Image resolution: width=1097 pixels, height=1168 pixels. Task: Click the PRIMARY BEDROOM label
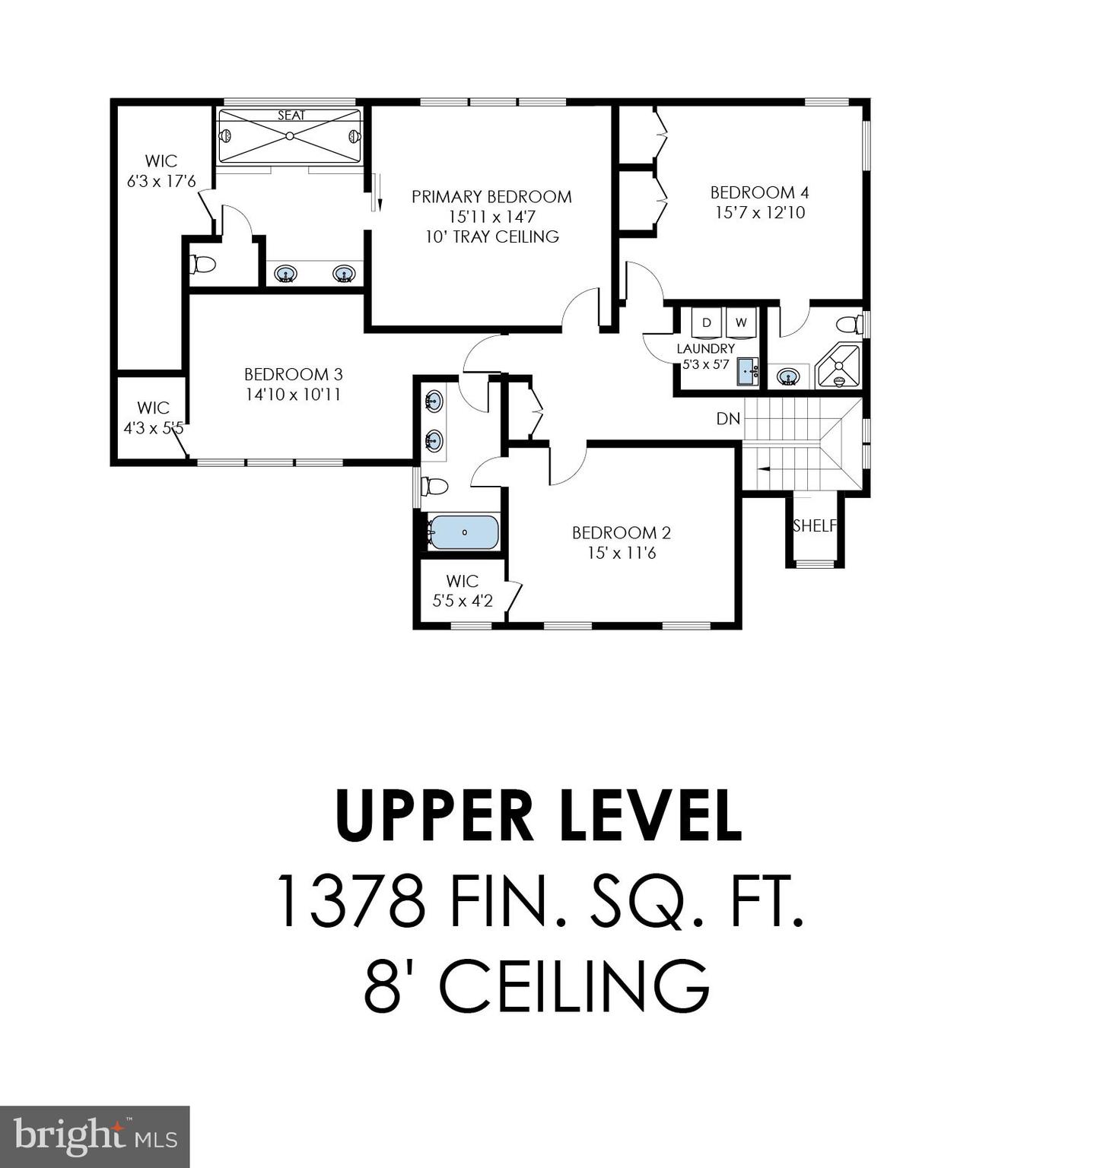(x=491, y=197)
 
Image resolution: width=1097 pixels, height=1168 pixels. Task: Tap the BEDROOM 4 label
(x=759, y=192)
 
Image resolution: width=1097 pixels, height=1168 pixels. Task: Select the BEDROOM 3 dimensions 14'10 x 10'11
(x=293, y=395)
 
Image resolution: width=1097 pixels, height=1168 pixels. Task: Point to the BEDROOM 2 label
(x=621, y=533)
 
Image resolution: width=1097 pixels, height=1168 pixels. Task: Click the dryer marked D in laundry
(x=707, y=322)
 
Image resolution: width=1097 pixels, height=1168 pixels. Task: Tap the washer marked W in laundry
(x=741, y=322)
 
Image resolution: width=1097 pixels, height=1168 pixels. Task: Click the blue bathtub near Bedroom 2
(x=463, y=532)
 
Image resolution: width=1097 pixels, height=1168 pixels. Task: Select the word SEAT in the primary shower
(x=291, y=116)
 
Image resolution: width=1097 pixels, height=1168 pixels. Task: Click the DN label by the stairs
(x=728, y=418)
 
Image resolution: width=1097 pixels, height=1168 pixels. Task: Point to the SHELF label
(x=814, y=525)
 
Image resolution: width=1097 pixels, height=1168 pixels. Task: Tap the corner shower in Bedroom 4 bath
(x=840, y=366)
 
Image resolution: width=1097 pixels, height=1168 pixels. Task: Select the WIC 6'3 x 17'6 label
(x=161, y=171)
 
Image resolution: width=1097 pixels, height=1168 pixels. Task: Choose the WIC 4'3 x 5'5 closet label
(x=153, y=418)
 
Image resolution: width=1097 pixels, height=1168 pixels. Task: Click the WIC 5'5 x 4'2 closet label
(x=463, y=591)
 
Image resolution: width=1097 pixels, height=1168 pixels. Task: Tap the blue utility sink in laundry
(x=747, y=372)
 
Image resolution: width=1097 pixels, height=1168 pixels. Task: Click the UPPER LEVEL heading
(x=539, y=816)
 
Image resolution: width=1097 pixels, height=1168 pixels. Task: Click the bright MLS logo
(x=94, y=1137)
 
